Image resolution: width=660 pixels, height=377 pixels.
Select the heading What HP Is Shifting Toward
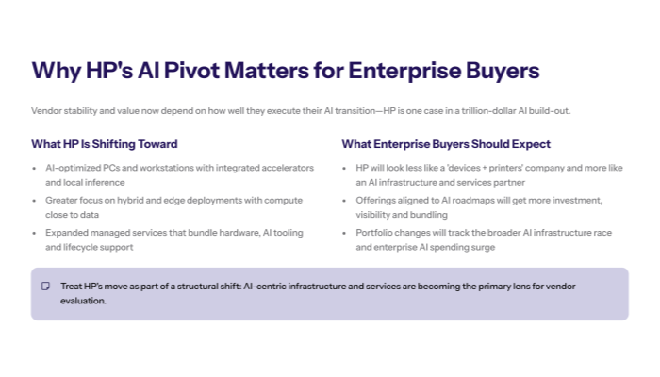104,144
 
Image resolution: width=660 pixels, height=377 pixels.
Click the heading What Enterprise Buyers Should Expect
446,144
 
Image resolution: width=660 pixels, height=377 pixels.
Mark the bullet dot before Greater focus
36,200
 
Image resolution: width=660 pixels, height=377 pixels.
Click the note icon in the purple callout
45,286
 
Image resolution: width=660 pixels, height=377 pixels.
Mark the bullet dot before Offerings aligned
346,200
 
